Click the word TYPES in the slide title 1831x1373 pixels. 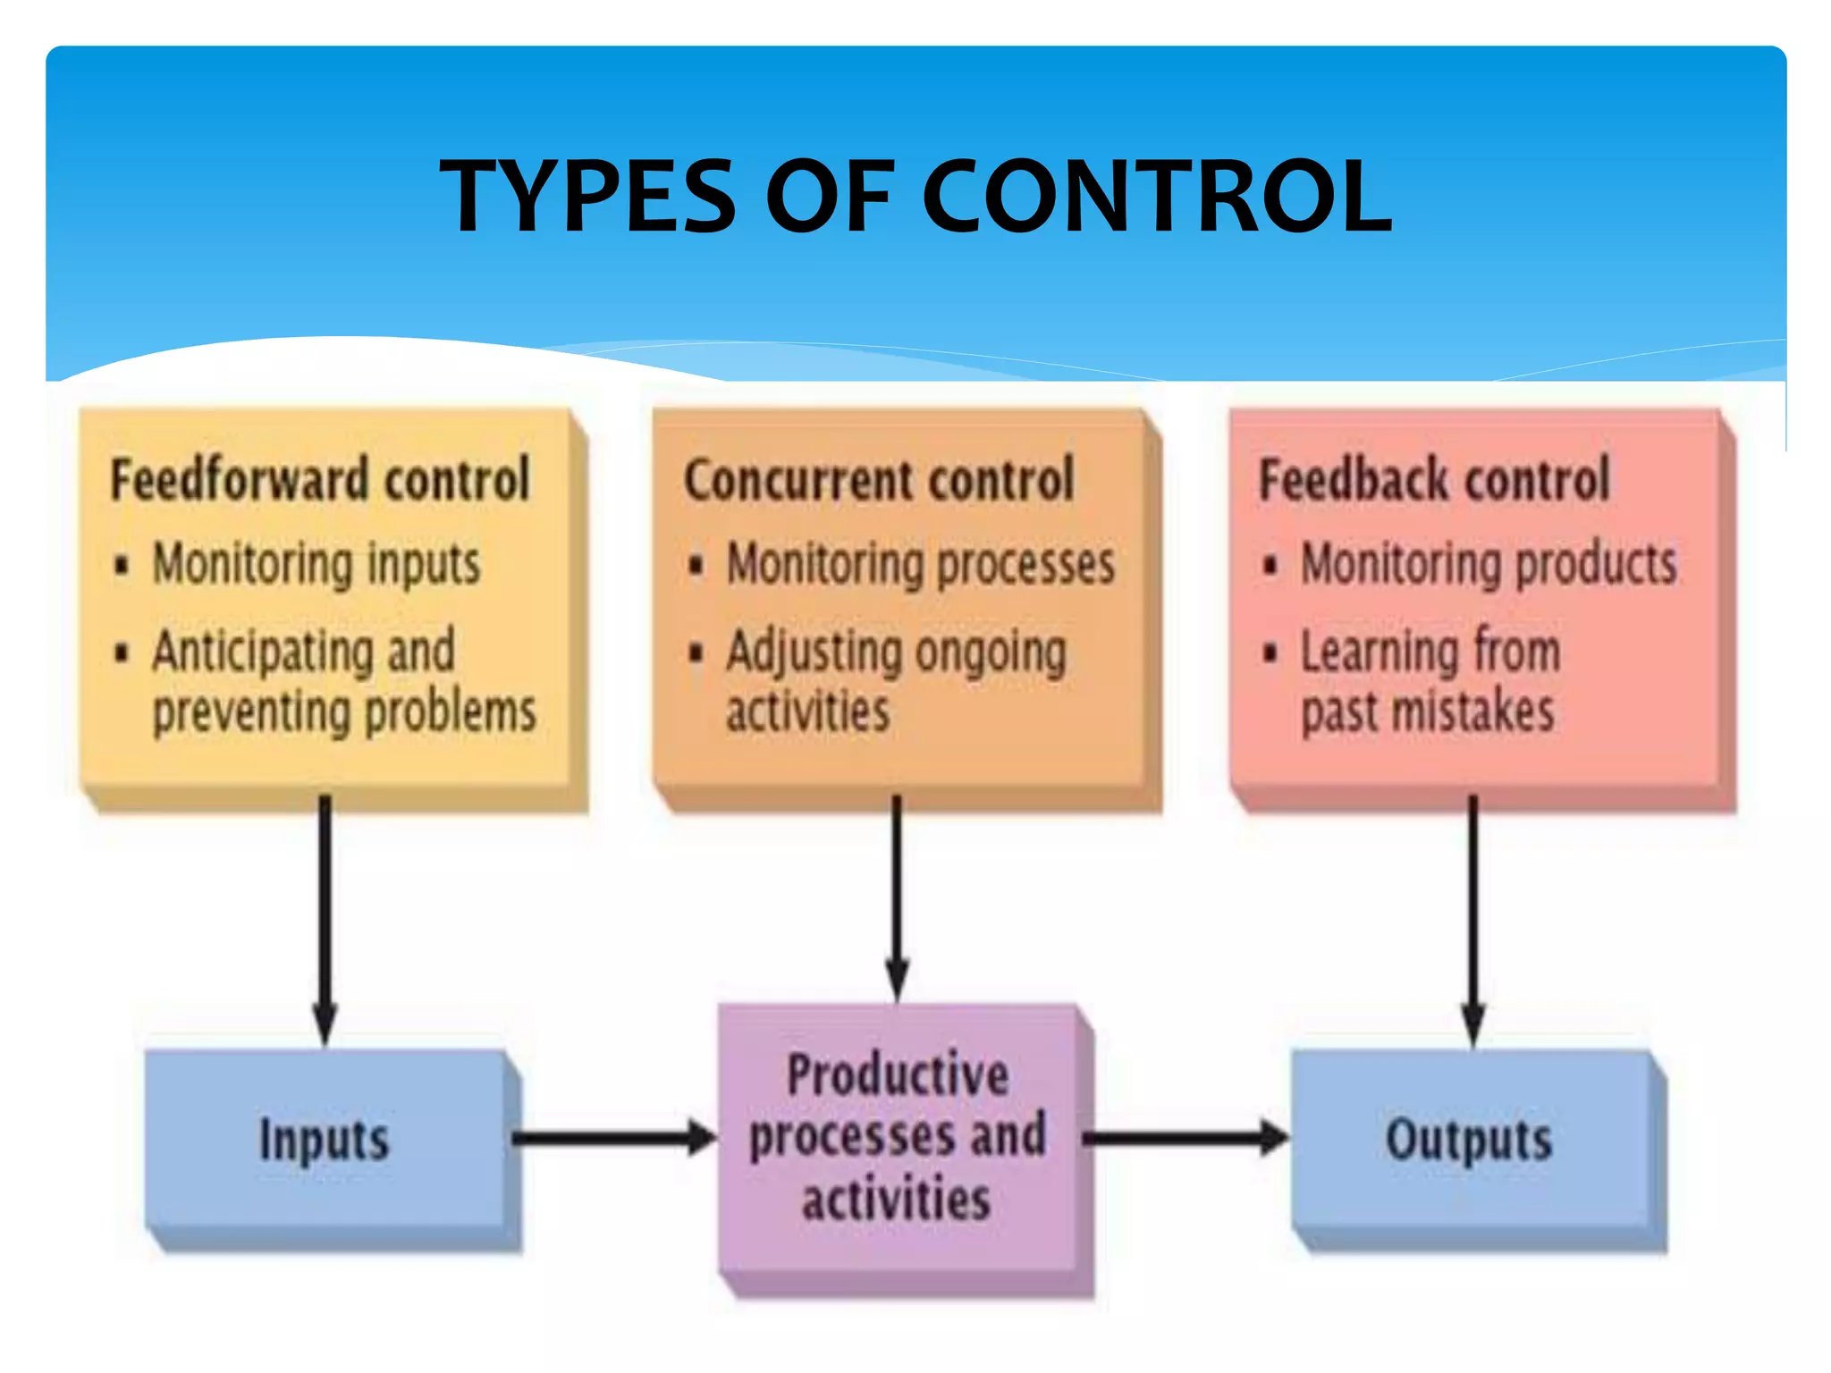(x=587, y=196)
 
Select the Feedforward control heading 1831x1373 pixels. (x=320, y=479)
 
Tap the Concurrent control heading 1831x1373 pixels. (x=879, y=479)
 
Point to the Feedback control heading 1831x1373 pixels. (x=1434, y=479)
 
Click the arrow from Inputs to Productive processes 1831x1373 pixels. (x=613, y=1138)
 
